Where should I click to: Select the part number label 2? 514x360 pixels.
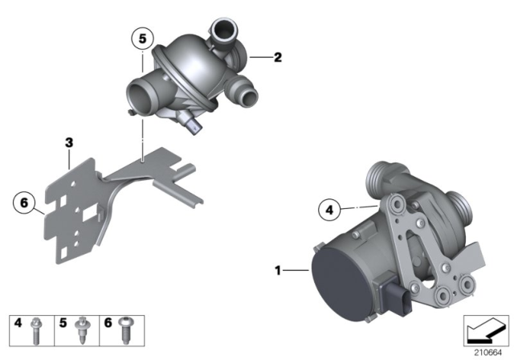pos(277,58)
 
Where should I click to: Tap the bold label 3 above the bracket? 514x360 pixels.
pos(69,143)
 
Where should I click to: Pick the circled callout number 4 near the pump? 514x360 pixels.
pos(328,211)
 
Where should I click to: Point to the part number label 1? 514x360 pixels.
pos(278,272)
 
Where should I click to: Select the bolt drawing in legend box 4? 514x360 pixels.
pos(36,326)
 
